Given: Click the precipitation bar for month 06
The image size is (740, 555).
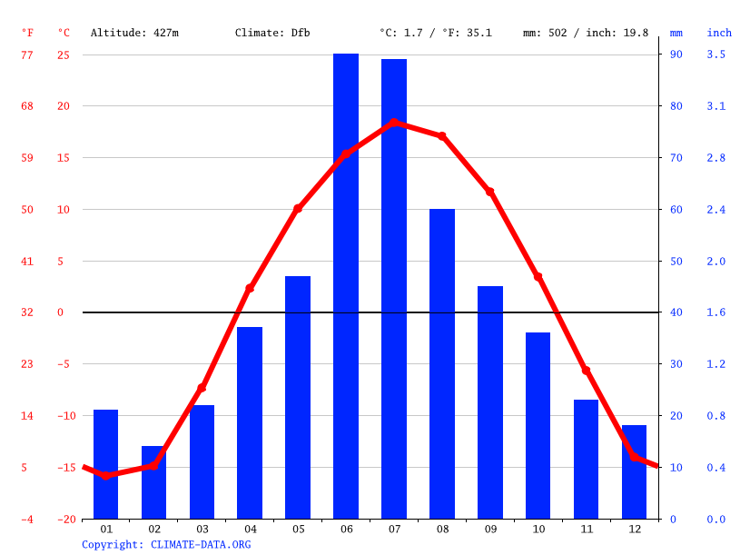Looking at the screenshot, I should point(346,286).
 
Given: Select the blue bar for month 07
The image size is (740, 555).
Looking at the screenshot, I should point(394,289).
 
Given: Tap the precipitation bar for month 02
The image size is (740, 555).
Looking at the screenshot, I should point(153,482).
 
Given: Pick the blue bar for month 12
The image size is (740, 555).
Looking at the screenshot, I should point(634,471).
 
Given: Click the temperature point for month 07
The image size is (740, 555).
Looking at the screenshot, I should point(394,122).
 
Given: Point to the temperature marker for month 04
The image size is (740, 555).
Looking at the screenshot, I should point(250,288).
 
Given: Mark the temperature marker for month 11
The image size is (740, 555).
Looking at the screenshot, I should point(586,371).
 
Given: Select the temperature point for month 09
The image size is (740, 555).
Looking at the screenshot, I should point(490,192).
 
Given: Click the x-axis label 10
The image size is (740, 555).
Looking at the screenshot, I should point(538,529).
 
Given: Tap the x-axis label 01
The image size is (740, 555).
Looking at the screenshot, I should point(106,529).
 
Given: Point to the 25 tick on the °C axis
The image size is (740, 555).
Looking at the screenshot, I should point(64,55).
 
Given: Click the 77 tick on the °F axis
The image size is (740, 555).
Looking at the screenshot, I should point(27,55).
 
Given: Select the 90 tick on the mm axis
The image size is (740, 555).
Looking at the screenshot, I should point(676,55).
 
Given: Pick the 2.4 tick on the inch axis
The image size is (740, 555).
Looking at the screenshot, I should point(716,210).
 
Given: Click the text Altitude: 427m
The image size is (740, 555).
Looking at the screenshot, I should point(134,33).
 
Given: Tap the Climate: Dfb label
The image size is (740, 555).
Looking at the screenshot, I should point(272,33).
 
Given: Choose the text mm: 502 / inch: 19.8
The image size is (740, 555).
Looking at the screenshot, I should point(586,33).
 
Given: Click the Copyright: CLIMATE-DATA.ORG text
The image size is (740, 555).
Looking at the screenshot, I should point(166,544).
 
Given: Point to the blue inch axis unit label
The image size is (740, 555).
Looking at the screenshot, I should point(719,33).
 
